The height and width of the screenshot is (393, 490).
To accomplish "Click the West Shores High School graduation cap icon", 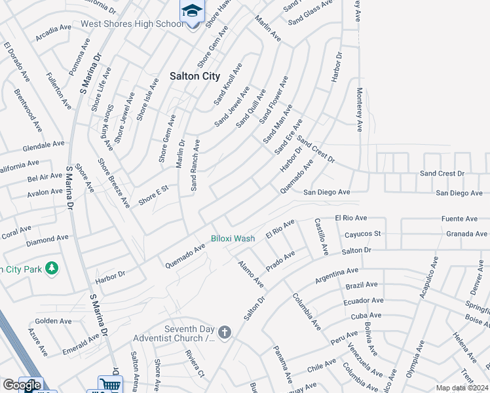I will tap(193, 10).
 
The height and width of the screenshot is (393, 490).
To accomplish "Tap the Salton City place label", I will tap(195, 75).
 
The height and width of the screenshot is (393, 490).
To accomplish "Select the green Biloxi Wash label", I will tap(233, 238).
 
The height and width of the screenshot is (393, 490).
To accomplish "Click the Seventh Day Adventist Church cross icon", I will tap(224, 333).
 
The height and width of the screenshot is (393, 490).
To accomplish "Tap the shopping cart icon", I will tap(109, 384).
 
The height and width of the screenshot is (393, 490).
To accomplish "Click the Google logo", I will tap(22, 386).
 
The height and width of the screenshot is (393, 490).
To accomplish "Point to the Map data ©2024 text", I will tap(462, 388).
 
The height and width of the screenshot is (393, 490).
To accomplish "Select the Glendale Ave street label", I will tap(43, 143).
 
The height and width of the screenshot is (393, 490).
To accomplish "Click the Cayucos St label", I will tap(362, 234).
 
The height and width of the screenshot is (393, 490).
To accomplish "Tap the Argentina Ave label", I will tap(337, 275).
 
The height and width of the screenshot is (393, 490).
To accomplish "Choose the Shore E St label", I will tap(153, 195).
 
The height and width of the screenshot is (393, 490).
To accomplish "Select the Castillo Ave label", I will tap(320, 236).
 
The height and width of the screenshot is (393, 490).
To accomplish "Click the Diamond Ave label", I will tap(47, 241).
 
